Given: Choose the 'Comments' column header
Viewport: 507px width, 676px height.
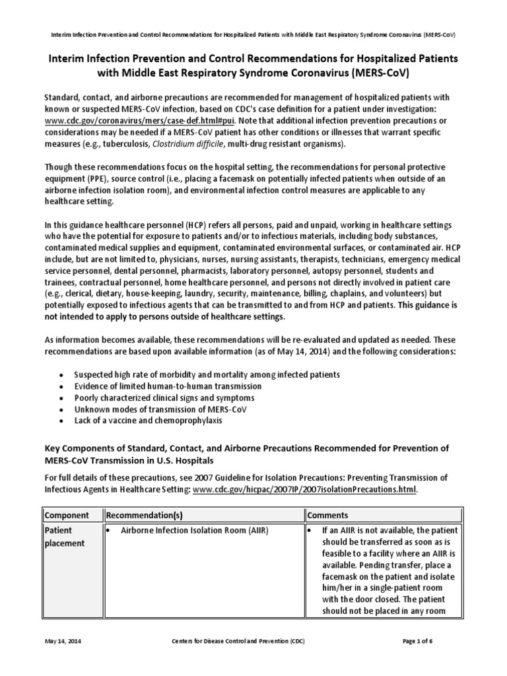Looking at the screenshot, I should pyautogui.click(x=329, y=514).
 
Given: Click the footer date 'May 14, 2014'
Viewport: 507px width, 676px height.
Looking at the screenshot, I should pyautogui.click(x=63, y=641).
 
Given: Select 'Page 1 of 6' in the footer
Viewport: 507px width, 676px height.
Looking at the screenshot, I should pyautogui.click(x=435, y=641).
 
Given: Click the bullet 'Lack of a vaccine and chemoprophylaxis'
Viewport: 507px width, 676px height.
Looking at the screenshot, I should pyautogui.click(x=148, y=421).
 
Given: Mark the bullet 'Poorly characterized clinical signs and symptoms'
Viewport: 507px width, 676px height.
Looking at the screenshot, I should pyautogui.click(x=164, y=397).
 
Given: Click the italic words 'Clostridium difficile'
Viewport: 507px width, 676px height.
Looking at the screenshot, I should pyautogui.click(x=191, y=145).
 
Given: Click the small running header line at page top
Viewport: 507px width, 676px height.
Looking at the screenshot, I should pyautogui.click(x=253, y=34).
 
